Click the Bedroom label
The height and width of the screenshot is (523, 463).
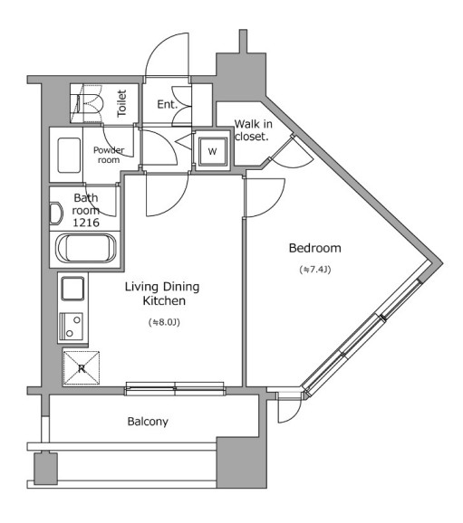(315, 248)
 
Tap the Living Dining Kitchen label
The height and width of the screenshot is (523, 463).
(162, 293)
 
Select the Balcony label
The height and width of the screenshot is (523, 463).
(148, 422)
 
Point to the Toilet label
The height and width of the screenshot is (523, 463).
(121, 103)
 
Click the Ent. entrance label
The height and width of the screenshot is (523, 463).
(167, 104)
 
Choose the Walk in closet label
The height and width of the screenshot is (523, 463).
(253, 130)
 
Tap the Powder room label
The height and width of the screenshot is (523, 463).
(109, 155)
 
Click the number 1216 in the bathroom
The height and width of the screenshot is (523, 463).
(86, 223)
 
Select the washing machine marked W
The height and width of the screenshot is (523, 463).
(212, 151)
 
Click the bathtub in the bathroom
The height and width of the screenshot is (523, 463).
(86, 249)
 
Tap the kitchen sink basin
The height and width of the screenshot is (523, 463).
(72, 289)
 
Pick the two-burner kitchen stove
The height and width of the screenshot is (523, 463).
(72, 327)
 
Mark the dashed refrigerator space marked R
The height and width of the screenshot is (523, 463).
(82, 368)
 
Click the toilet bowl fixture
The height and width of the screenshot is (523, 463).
(88, 104)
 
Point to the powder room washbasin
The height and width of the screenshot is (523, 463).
(69, 155)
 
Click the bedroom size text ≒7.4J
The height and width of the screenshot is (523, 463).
(315, 270)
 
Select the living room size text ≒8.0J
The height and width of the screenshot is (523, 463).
(164, 322)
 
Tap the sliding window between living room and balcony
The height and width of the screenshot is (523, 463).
(175, 389)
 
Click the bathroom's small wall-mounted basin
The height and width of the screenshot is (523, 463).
(56, 214)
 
